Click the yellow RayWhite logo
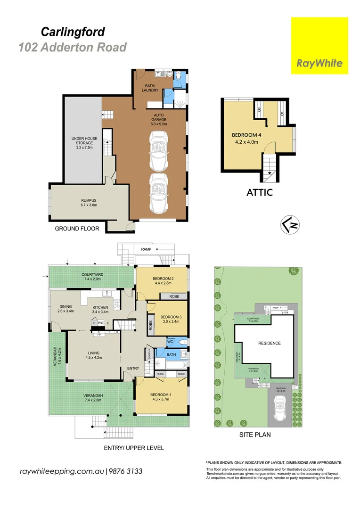point(319,46)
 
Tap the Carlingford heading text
point(73,32)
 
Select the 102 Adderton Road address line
point(73,47)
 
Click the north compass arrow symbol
point(291,226)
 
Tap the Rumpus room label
point(89,203)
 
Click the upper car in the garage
point(158,151)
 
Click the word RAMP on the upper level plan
point(146,249)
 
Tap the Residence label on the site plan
point(269,343)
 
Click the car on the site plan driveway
point(280,405)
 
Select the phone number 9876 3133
point(126,471)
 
